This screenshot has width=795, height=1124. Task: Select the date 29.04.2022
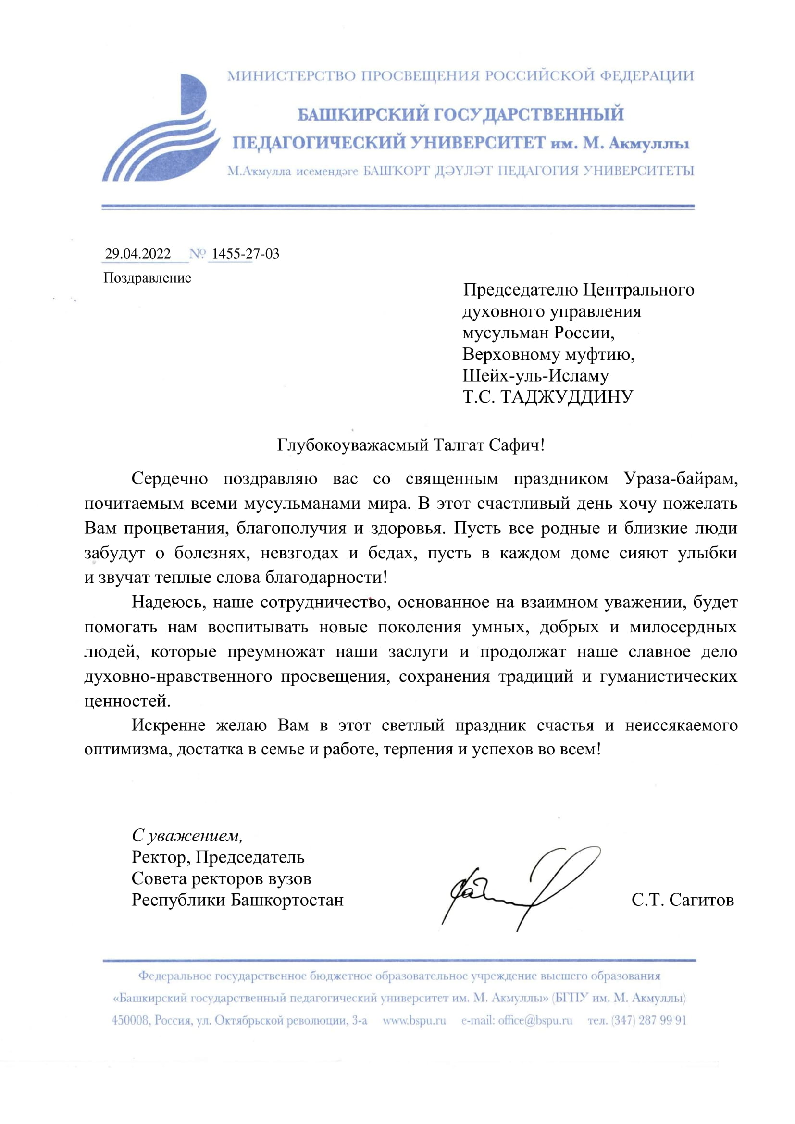[x=138, y=254]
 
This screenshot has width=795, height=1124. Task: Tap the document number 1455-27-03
[x=245, y=254]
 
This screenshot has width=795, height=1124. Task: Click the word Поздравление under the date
[x=147, y=278]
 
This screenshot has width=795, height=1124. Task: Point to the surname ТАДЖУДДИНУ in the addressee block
[x=567, y=396]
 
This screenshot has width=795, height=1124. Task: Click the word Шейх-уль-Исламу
[x=535, y=375]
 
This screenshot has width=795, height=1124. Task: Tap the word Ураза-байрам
[x=681, y=478]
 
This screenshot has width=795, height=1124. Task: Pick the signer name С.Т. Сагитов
[x=683, y=900]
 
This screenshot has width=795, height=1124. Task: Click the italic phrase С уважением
[x=187, y=835]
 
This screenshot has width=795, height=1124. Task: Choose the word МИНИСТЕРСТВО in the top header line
[x=292, y=76]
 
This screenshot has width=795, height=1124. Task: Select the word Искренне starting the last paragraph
[x=168, y=725]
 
